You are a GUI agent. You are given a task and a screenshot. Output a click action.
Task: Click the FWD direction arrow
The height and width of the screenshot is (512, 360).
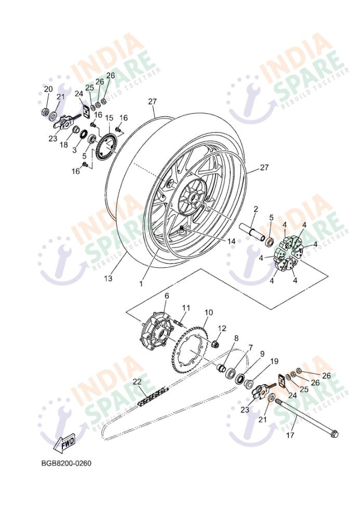[64, 443]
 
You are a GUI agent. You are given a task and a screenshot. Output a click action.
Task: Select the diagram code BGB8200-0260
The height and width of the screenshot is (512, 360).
[66, 463]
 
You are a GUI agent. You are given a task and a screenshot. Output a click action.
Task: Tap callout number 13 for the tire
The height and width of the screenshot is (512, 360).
[108, 278]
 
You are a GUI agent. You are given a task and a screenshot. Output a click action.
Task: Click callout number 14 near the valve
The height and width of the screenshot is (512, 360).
[231, 241]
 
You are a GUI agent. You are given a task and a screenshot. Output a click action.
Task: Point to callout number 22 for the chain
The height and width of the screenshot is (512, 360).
[138, 382]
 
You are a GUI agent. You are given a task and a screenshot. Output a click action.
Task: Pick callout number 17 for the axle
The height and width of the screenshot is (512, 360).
[290, 435]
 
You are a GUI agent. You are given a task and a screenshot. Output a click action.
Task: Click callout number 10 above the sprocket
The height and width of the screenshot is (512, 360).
[208, 312]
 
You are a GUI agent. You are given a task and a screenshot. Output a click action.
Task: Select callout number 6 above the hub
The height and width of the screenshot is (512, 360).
[167, 296]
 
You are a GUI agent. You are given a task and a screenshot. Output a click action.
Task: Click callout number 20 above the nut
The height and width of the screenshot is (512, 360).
[48, 89]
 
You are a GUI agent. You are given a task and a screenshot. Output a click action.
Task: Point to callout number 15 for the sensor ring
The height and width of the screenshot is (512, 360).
[109, 118]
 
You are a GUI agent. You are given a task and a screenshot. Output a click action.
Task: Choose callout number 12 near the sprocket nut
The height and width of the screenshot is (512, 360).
[222, 328]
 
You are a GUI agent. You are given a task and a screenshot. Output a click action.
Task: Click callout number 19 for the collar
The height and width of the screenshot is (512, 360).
[274, 361]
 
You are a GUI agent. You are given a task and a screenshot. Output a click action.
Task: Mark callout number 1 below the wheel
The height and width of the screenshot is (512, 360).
[141, 284]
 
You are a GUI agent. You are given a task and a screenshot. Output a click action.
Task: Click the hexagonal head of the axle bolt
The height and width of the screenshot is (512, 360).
[335, 434]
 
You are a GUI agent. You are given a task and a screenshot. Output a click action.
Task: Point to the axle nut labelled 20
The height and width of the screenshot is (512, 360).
[46, 112]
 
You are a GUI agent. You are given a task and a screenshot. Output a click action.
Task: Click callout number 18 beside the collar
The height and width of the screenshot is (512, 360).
[64, 145]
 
